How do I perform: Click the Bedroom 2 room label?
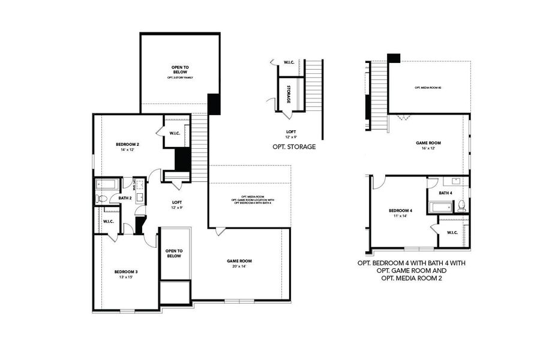(127, 145)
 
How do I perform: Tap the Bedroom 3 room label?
(126, 272)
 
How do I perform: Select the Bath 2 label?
(125, 198)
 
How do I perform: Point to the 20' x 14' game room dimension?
(239, 268)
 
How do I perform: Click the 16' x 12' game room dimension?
(428, 149)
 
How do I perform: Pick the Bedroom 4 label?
(400, 211)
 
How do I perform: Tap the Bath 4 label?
(445, 193)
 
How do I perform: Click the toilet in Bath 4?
(461, 206)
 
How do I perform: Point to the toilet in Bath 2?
(101, 198)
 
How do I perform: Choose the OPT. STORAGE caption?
(294, 146)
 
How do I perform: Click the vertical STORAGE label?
(289, 95)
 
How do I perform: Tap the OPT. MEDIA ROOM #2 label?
(428, 88)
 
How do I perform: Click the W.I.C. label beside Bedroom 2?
(175, 133)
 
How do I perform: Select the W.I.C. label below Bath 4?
(452, 233)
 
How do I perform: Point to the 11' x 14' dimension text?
(400, 217)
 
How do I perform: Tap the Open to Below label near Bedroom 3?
(174, 253)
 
